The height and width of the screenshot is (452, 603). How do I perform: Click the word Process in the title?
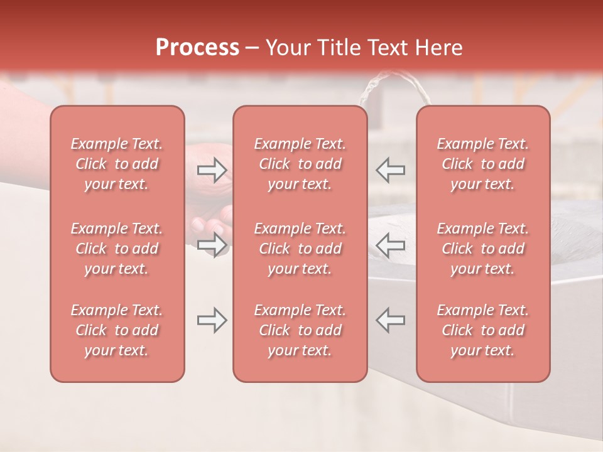click(x=197, y=48)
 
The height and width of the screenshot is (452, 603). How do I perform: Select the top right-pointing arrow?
click(x=212, y=170)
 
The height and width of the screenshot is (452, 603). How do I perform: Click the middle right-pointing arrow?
click(x=212, y=245)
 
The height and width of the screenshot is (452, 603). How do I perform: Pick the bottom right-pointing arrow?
click(x=212, y=320)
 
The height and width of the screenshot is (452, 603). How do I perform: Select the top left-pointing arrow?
click(x=391, y=170)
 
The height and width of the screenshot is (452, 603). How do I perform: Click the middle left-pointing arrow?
click(x=391, y=245)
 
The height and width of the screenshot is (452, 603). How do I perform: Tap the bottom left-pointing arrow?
click(x=391, y=320)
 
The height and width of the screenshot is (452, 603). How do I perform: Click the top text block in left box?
click(x=117, y=164)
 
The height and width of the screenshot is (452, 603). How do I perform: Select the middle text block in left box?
click(x=117, y=249)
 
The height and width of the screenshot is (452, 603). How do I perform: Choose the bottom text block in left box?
click(x=117, y=330)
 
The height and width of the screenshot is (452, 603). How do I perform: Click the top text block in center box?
click(x=300, y=164)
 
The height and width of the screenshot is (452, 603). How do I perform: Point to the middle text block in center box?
click(x=300, y=249)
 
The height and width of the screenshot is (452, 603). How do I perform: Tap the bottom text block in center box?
click(x=300, y=330)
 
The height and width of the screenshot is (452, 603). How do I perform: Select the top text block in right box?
click(x=482, y=164)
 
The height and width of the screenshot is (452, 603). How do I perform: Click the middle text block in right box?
click(x=482, y=249)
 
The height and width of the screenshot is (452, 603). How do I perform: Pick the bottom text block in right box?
click(x=482, y=330)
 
